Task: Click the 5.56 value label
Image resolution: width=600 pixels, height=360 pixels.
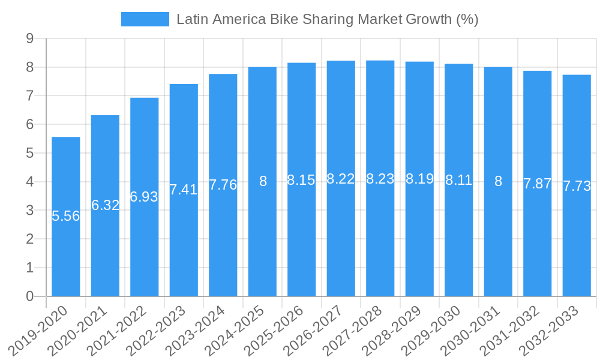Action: [x=66, y=216]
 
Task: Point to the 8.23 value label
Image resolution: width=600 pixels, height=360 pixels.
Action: [x=380, y=179]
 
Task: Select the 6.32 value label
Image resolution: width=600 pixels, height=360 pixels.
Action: [x=106, y=205]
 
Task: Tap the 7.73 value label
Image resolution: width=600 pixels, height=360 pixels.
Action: [x=577, y=186]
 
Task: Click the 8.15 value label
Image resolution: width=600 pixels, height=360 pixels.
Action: [x=301, y=180]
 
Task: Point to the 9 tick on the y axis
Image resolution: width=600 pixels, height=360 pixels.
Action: [x=29, y=39]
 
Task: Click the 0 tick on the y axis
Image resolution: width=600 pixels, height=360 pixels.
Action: [x=29, y=296]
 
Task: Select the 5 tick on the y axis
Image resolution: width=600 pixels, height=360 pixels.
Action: [x=29, y=154]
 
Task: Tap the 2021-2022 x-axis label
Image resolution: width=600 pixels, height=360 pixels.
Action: [x=122, y=330]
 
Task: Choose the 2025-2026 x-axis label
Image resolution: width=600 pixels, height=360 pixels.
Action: [x=280, y=330]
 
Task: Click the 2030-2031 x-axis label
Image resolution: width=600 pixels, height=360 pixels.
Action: [x=476, y=330]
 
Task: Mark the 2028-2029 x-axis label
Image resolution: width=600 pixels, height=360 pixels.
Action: [x=398, y=330]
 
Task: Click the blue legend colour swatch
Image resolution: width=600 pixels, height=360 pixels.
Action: [x=145, y=19]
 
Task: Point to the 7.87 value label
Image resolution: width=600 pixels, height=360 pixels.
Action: [x=537, y=184]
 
